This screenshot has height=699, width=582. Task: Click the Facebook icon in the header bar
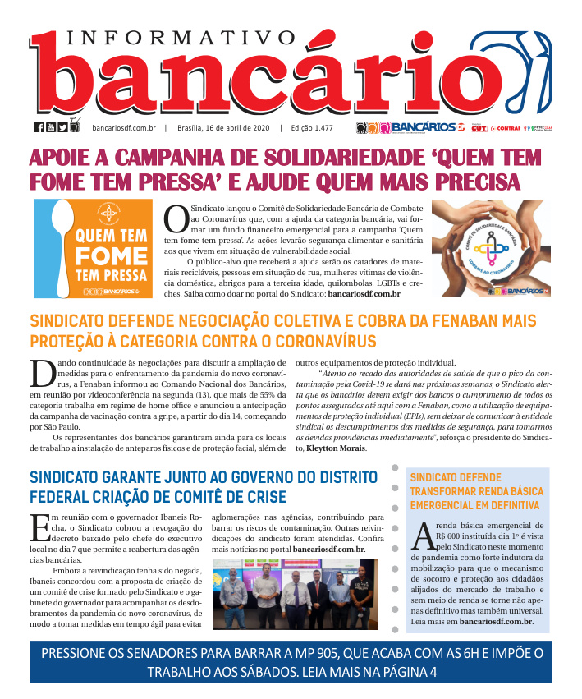coord(39,126)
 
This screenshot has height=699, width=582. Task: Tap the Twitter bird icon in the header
coord(62,126)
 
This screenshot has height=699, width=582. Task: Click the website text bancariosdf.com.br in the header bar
coord(124,127)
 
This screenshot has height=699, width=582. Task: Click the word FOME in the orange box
coord(110,254)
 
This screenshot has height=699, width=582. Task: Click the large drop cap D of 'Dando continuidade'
coord(42,372)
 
